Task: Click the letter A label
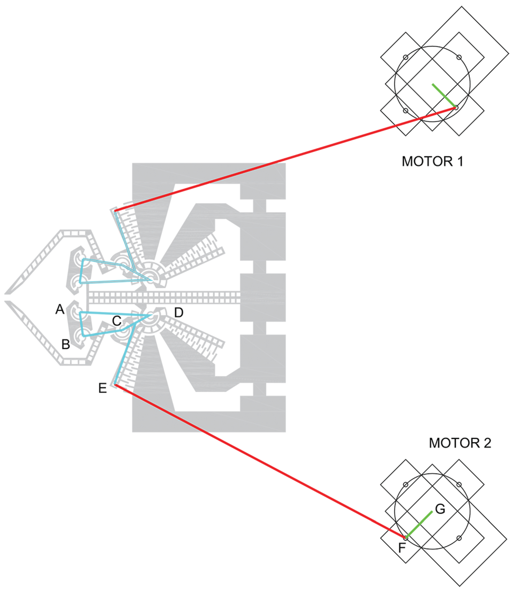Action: [60, 309]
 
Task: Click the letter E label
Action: [102, 388]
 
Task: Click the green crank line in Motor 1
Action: [444, 96]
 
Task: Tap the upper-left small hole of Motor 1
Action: [406, 57]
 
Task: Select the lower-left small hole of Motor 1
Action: [406, 110]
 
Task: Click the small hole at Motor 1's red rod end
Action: [456, 108]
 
